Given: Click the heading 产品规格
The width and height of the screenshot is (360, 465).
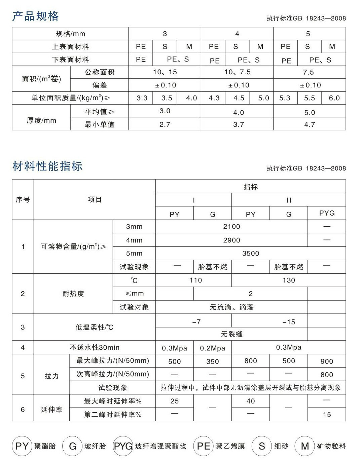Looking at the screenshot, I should click(x=35, y=16).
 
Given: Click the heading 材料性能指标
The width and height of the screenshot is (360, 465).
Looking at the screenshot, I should click(x=47, y=166).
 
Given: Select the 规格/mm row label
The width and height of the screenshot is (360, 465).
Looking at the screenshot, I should click(x=70, y=34).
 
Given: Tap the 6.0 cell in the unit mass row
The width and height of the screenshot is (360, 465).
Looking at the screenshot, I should click(x=334, y=98).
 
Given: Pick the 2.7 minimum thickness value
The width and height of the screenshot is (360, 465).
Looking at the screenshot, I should click(x=165, y=124).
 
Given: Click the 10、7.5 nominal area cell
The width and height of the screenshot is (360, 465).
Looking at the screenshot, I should click(x=237, y=72).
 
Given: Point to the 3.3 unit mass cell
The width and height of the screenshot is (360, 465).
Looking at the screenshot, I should click(x=142, y=98).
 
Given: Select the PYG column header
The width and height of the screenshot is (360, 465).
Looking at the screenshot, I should click(x=327, y=213).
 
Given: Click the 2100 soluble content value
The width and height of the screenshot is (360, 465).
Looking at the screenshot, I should click(x=231, y=227).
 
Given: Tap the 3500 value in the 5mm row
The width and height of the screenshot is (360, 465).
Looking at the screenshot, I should click(x=251, y=254).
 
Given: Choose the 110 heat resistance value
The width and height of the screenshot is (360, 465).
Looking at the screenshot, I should click(x=195, y=280).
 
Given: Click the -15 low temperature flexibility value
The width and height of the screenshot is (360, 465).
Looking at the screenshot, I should click(x=289, y=322).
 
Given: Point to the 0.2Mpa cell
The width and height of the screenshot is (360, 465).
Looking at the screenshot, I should click(x=212, y=348).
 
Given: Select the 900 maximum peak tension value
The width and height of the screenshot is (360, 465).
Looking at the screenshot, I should click(x=327, y=361).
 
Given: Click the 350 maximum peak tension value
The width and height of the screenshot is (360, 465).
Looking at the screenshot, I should click(x=212, y=361).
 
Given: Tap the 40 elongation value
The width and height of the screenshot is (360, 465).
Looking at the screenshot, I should click(x=251, y=401).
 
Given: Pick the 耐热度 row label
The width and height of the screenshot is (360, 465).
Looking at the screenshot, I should click(x=73, y=294).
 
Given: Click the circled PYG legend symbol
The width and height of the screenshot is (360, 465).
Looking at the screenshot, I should click(x=123, y=446).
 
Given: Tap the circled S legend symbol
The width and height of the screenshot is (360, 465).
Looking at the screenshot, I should click(x=262, y=446).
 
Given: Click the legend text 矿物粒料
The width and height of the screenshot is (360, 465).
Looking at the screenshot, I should click(x=331, y=446).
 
